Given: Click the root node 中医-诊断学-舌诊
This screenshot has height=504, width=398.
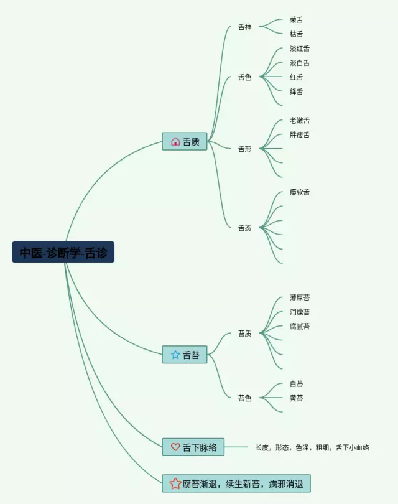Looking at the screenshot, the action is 63,252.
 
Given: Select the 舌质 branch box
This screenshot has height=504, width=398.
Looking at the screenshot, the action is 185,141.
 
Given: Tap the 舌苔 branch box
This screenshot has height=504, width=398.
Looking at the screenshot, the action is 185,355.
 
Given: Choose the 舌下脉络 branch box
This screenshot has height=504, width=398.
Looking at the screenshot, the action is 193,447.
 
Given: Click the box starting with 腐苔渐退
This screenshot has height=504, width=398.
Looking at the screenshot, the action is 236,483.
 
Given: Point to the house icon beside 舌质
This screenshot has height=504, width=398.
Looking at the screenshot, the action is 175,141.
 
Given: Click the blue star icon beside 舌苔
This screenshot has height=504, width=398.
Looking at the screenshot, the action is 175,355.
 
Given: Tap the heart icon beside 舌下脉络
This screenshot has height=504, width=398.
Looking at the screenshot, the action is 175,447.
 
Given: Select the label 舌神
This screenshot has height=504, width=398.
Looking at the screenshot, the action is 244,27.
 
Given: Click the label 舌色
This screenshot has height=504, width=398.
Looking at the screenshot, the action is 244,78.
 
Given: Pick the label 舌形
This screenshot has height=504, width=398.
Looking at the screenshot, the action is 244,149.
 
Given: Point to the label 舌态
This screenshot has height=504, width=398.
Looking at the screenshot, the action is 244,228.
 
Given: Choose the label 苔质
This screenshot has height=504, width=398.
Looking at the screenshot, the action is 244,334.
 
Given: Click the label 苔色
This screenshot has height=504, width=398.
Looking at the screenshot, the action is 244,398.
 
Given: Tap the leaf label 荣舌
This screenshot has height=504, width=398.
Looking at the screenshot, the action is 297,20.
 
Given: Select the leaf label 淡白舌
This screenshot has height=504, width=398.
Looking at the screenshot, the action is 300,63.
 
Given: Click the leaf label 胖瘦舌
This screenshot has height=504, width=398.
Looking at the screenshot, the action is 300,135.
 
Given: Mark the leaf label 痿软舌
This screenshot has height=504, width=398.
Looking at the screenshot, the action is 300,192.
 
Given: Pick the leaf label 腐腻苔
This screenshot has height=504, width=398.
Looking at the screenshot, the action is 300,326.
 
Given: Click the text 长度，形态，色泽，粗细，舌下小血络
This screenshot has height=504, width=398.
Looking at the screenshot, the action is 312,447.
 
